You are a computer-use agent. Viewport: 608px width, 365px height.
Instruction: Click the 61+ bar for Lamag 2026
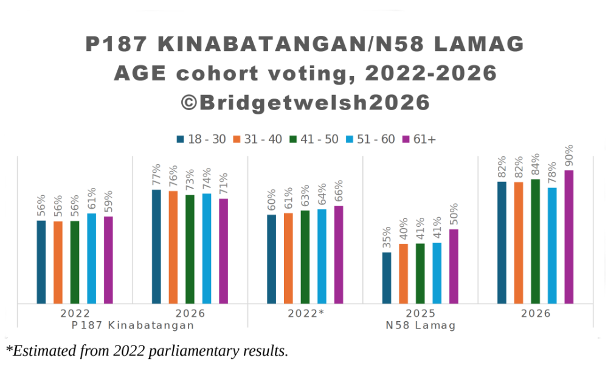point(569,237)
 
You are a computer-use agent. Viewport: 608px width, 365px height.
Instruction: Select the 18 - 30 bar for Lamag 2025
point(387,277)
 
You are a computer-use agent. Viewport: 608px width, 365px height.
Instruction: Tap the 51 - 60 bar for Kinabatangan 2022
point(92,258)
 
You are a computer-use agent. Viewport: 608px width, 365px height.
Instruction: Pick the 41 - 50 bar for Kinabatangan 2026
point(190,249)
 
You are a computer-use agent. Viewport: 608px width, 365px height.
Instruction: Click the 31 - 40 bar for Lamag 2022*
point(288,258)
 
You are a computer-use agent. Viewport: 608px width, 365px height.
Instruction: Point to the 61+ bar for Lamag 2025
point(454,266)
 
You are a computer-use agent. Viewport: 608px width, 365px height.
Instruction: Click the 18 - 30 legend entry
point(201,139)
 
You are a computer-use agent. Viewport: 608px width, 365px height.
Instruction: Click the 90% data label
point(569,156)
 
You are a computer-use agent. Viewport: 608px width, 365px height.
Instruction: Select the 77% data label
point(156,175)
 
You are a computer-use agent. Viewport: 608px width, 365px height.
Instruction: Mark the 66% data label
point(339,191)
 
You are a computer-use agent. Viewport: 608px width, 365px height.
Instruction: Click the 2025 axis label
point(420,314)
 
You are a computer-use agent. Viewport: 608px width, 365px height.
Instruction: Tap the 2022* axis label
point(306,314)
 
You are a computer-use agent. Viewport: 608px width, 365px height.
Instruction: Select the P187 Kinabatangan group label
point(133,325)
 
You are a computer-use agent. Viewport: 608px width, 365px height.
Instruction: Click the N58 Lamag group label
point(420,325)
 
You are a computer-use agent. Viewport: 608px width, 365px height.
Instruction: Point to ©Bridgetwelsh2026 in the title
point(305,102)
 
